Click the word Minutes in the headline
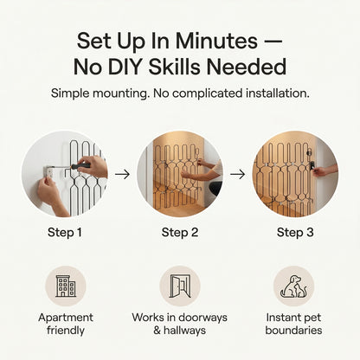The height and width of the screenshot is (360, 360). click(216, 41)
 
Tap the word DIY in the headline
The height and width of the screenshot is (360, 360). click(125, 67)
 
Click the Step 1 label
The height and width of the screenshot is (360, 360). click(65, 233)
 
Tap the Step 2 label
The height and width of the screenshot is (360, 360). click(180, 233)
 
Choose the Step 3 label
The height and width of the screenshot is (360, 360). click(295, 233)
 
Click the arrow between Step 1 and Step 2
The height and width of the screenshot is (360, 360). click(122, 174)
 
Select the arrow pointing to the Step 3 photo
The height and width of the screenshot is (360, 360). click(237, 174)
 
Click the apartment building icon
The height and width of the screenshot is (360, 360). click(66, 286)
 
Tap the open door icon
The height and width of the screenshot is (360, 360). click(180, 286)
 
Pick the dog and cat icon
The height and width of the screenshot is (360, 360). click(293, 286)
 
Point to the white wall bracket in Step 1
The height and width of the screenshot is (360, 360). click(48, 172)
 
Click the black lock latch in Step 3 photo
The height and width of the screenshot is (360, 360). click(312, 165)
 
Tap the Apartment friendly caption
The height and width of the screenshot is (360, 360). click(66, 324)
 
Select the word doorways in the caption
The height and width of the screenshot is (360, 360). click(202, 318)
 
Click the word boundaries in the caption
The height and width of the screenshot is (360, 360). click(293, 331)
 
